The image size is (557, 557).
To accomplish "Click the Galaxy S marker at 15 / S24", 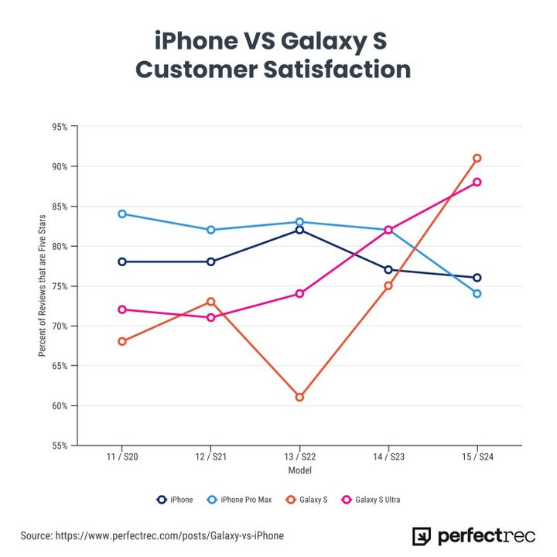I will click(x=477, y=158).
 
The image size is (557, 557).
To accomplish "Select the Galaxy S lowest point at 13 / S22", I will click(x=299, y=397).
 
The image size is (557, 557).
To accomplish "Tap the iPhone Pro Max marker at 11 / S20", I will click(x=122, y=214).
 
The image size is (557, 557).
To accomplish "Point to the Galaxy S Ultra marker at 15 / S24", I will click(x=477, y=182).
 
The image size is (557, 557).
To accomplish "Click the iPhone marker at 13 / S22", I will click(x=299, y=230).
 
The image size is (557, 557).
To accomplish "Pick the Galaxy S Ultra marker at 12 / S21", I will click(x=210, y=317).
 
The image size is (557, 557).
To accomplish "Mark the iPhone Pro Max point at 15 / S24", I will click(x=477, y=293).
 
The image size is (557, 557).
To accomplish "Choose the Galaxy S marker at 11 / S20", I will click(x=122, y=341).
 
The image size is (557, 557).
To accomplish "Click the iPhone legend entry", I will click(x=175, y=500).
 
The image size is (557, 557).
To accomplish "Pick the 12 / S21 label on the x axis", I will click(x=210, y=458).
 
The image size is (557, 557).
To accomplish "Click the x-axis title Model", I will click(x=299, y=470).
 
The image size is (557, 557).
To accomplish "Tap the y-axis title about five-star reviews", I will click(x=42, y=285).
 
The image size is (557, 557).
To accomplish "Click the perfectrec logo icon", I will click(x=422, y=536).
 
